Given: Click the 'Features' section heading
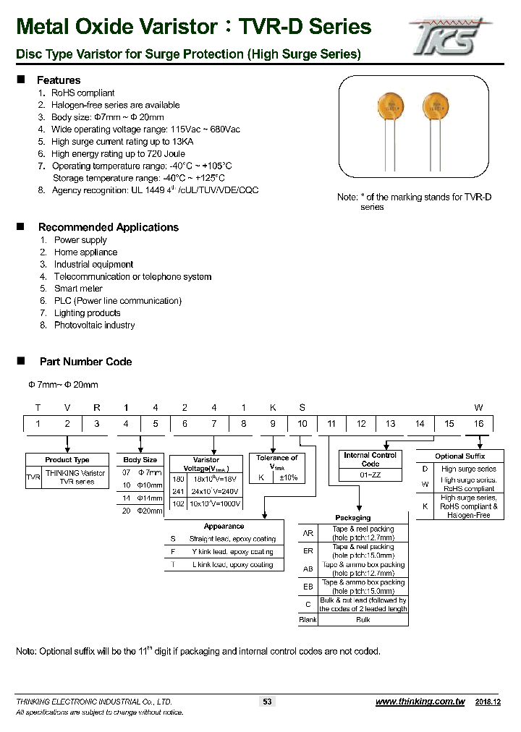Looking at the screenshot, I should point(59,80).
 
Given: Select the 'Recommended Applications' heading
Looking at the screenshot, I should point(108,227).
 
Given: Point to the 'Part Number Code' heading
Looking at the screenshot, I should point(85,362).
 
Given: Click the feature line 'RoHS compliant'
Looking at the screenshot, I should point(82,93).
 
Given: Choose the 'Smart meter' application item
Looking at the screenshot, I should point(78,289).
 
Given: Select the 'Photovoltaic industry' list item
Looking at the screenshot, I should point(94,325).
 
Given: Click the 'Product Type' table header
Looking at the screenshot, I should point(67,460).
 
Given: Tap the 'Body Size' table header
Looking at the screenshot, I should point(140,460).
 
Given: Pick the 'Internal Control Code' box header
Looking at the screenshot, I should point(370,459).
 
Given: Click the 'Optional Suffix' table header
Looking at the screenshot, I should point(459,456).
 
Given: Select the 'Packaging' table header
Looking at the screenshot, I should point(352,518).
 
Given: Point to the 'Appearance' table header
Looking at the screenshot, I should point(224,527).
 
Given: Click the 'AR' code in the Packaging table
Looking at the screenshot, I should point(308,534).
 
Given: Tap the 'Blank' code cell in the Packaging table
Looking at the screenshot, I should point(308,620).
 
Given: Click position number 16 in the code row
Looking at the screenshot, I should point(478,424).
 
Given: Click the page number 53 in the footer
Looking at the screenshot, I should point(267,702).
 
